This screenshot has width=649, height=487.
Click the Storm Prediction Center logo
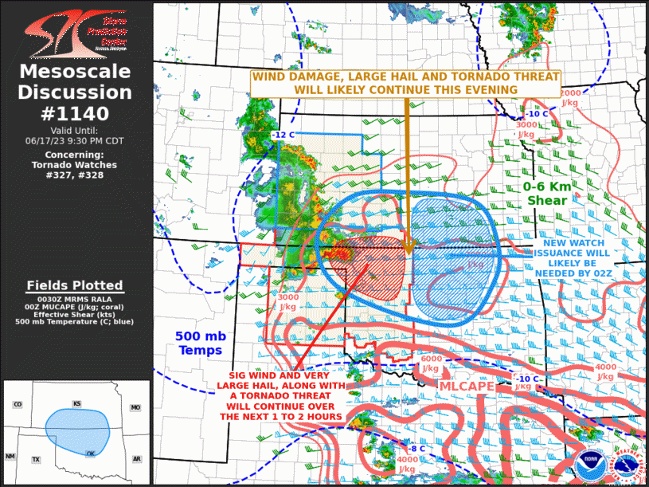[76, 33]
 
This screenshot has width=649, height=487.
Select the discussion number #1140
[76, 113]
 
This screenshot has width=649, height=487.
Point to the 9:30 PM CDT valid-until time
[76, 139]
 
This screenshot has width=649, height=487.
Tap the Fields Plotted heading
[75, 285]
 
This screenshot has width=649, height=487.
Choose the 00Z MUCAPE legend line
[75, 306]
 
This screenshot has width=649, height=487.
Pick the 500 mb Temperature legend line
[75, 322]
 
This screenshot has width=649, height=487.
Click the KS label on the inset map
[76, 404]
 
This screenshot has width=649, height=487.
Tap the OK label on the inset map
[91, 453]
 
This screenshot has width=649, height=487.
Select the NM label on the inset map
[10, 456]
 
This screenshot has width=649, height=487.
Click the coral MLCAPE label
[469, 386]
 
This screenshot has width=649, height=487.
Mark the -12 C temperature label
[283, 135]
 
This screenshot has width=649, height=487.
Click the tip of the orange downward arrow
[408, 253]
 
